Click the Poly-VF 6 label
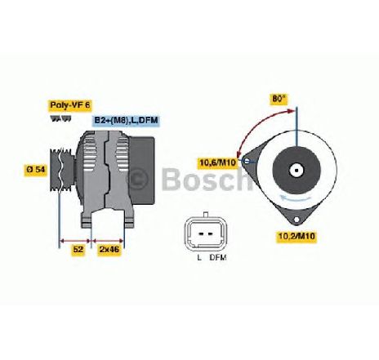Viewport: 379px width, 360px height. (70, 105)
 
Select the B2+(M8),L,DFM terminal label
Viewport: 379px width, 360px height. (126, 120)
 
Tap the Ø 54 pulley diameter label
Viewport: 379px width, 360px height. (36, 170)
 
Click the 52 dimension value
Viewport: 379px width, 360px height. (78, 249)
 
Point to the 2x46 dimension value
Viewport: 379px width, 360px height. (109, 249)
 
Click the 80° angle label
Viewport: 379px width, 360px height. (279, 99)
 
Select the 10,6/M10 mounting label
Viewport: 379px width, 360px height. (217, 162)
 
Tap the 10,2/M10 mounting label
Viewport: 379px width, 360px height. (297, 236)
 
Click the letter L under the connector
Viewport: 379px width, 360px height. (199, 257)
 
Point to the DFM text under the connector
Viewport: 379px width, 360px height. (218, 257)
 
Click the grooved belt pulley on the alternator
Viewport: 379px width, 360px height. (62, 170)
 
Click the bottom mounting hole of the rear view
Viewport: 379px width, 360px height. (297, 220)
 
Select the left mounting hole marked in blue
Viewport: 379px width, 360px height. (247, 161)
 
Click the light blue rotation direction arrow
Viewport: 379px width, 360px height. (297, 198)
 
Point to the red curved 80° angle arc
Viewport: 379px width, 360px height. (258, 124)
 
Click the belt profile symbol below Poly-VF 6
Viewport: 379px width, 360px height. (60, 119)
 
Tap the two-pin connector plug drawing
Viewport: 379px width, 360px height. (205, 234)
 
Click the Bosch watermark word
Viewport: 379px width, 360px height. (207, 179)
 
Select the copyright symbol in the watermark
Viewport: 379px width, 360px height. (138, 179)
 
